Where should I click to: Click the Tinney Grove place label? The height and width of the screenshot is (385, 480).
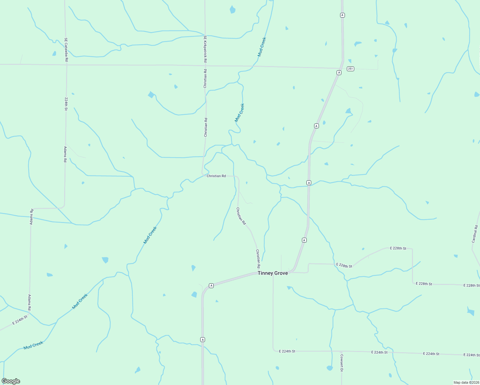tap(272, 273)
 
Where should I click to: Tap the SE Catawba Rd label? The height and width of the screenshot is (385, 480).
tap(66, 50)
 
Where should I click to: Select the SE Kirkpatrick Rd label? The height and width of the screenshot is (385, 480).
tap(205, 49)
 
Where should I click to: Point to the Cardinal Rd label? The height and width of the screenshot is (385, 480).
tap(475, 234)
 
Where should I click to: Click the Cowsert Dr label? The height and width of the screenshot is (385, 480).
tap(342, 363)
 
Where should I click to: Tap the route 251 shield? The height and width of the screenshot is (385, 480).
tap(350, 69)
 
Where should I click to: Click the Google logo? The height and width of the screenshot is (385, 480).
tap(11, 381)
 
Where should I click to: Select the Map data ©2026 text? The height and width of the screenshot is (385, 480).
tap(466, 382)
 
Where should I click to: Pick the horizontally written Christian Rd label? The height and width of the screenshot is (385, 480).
tap(216, 176)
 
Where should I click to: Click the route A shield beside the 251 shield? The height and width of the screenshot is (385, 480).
tap(339, 73)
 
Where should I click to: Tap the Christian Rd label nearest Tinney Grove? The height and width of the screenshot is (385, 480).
tap(258, 259)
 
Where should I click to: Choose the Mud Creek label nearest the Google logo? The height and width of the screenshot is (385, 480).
tap(33, 345)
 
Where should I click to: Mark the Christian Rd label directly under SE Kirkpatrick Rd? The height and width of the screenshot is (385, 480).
tap(205, 79)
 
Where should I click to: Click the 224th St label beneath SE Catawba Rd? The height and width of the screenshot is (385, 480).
tap(66, 104)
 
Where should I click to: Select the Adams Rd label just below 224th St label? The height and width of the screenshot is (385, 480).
tap(65, 154)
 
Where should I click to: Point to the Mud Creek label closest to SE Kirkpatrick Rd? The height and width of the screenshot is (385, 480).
tap(262, 47)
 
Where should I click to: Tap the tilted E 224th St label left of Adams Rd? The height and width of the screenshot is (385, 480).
tap(20, 321)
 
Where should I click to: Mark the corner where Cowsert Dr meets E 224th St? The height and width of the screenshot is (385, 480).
tap(341, 352)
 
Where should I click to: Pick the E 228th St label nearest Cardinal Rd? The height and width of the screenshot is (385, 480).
tap(471, 285)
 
